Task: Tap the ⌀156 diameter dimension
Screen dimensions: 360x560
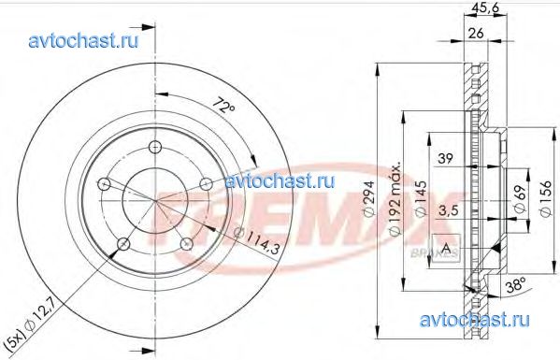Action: point(544,198)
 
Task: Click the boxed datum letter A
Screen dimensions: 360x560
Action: point(447,247)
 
